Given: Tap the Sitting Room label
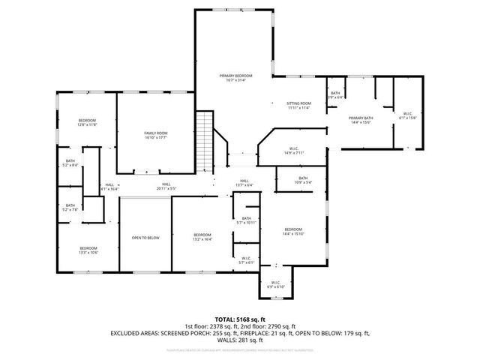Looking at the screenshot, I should point(298,105).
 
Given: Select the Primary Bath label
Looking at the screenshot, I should point(361,120).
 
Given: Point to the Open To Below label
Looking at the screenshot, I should point(145,238).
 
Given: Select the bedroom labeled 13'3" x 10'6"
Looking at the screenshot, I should point(88,250).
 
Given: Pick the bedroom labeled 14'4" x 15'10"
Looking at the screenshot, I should point(292,231).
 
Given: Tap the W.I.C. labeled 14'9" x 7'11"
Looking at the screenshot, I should point(294,151).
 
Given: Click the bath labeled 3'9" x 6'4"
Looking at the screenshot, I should point(335,95).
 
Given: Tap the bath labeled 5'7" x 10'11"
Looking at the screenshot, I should point(247,220).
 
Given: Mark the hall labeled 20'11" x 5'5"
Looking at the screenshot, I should point(166,187).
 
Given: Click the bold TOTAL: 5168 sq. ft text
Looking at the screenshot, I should point(240,319).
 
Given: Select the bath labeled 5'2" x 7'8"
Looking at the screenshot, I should point(70,208).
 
